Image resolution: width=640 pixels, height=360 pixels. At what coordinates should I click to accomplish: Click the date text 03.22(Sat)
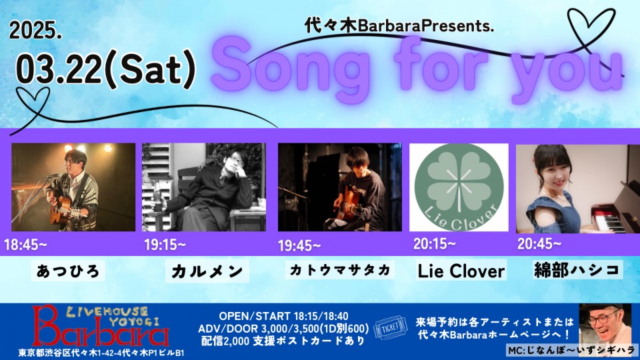coord(106,70)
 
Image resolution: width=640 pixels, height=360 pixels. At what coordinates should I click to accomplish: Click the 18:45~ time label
coord(25,245)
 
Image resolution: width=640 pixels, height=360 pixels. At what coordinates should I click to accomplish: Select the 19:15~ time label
coord(165,245)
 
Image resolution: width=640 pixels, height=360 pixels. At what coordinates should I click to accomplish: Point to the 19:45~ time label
coord(299,246)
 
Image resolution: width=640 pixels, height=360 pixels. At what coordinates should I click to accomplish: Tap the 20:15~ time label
coord(434,244)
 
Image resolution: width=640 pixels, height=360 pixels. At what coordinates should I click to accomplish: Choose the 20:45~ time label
coord(539,244)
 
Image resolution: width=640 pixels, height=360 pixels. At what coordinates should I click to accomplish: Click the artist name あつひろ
coord(68,271)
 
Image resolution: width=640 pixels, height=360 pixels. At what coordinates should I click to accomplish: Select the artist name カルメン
coord(207,271)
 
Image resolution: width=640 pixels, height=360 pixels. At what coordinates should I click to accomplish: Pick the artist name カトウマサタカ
coord(339,270)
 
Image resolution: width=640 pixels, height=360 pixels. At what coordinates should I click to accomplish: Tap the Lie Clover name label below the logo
coord(461,271)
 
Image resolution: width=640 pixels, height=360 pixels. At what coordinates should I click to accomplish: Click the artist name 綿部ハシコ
coord(577,270)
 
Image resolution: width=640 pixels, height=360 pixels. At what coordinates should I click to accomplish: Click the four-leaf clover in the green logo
coord(459,183)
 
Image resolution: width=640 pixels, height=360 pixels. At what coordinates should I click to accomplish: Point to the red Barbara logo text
coord(101,331)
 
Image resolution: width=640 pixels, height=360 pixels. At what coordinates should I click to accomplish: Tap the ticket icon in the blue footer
coord(391,328)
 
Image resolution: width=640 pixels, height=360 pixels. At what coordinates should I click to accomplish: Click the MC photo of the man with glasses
coord(605,325)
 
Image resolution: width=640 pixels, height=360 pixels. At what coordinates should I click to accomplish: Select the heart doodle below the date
coord(33,102)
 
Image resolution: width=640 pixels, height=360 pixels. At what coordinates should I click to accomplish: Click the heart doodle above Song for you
coord(592,29)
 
